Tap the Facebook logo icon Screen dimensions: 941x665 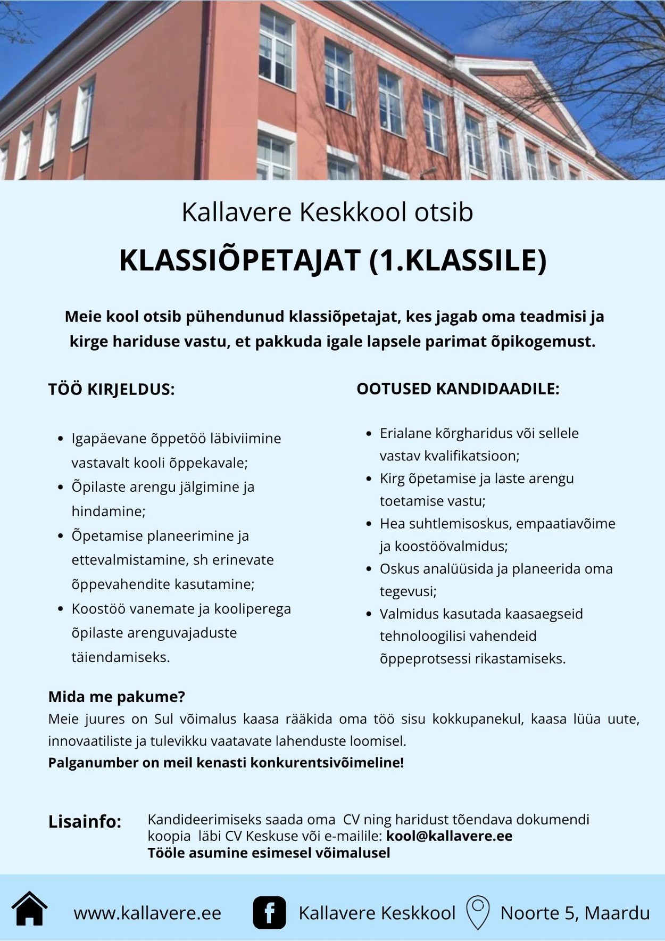[269, 913]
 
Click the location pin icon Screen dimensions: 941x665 [478, 912]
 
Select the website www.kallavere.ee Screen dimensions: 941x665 [147, 913]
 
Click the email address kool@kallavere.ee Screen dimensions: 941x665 [449, 836]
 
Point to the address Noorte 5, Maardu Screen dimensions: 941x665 [575, 913]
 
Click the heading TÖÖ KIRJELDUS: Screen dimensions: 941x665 [111, 389]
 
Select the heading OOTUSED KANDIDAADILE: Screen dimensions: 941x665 [458, 389]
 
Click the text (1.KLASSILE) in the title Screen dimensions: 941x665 [458, 261]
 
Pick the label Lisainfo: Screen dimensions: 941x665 [85, 821]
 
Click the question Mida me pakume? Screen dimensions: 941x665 [117, 697]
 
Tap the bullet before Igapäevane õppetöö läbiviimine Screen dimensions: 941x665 [60, 439]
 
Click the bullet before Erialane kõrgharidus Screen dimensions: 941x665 [369, 433]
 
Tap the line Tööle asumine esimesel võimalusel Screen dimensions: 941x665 [269, 853]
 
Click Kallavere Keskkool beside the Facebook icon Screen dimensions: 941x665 [377, 913]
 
